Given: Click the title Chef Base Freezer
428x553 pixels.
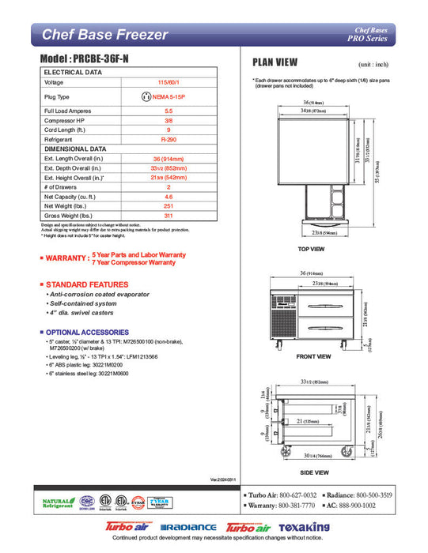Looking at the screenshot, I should [104, 35].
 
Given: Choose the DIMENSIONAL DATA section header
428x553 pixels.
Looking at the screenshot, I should [76, 149].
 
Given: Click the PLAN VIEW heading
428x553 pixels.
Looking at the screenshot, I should [275, 62].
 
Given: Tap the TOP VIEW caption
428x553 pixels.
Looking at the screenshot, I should [311, 249].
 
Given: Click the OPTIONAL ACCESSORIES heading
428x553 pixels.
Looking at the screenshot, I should [85, 332].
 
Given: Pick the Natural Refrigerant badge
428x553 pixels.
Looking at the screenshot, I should [57, 503].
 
